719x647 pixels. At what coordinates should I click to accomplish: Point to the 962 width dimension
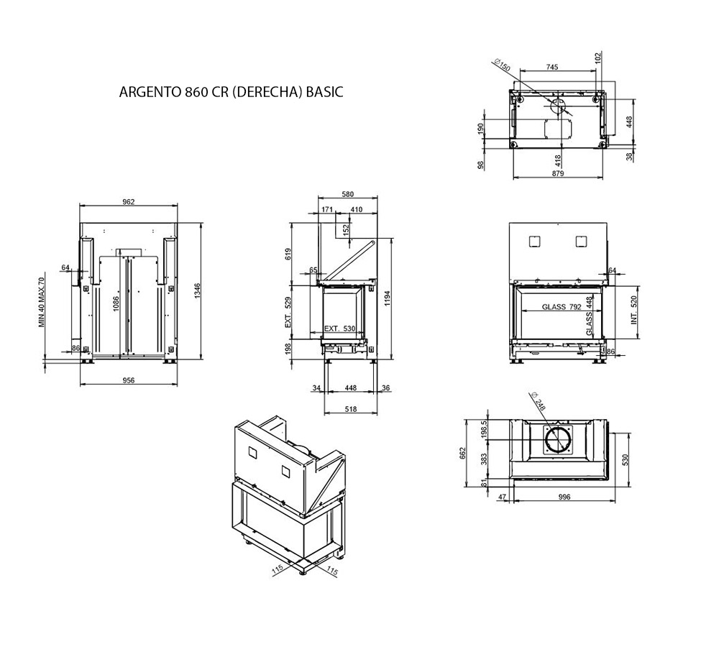click(129, 201)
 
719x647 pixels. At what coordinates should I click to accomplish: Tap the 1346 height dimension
click(198, 291)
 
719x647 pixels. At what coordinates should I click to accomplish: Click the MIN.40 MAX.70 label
click(42, 302)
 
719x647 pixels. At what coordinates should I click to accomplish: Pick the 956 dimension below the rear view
click(129, 380)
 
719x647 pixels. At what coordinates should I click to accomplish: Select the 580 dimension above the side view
click(347, 194)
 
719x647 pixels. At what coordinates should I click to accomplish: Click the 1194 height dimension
click(388, 299)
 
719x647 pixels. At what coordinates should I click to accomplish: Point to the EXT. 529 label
click(288, 313)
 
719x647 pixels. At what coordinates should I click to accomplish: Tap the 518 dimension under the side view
click(350, 409)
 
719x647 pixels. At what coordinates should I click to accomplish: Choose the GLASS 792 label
click(562, 307)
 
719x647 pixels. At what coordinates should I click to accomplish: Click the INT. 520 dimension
click(634, 310)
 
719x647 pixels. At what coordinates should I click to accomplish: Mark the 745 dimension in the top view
click(552, 67)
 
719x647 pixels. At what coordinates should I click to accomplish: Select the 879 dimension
click(558, 173)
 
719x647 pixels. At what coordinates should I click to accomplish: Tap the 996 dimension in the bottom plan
click(564, 497)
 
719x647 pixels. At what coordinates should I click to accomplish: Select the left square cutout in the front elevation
click(535, 242)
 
